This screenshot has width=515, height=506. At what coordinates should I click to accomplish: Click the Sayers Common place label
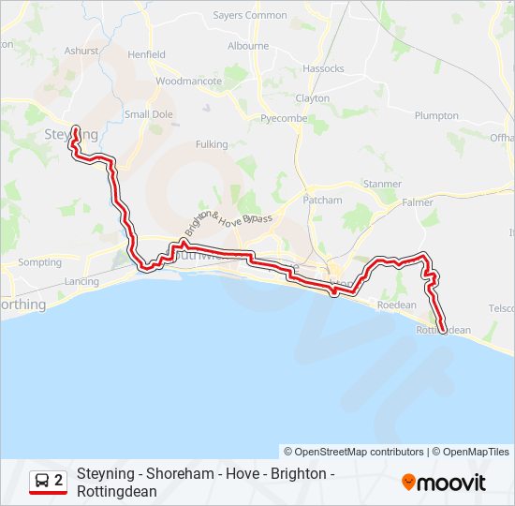pyautogui.click(x=250, y=15)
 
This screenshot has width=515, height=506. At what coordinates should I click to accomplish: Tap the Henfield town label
pyautogui.click(x=146, y=55)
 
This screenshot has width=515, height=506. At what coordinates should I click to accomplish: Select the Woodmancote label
pyautogui.click(x=188, y=82)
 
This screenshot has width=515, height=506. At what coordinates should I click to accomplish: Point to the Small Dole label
pyautogui.click(x=149, y=114)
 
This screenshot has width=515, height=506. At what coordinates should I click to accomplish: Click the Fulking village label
pyautogui.click(x=211, y=144)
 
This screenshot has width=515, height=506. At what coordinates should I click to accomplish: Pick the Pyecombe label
pyautogui.click(x=283, y=119)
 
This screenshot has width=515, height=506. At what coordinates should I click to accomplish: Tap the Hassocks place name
pyautogui.click(x=323, y=69)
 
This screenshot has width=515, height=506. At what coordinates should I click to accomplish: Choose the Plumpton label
pyautogui.click(x=435, y=116)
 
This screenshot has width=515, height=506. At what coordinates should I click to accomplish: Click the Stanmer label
pyautogui.click(x=381, y=185)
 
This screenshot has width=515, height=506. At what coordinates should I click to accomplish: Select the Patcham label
pyautogui.click(x=322, y=201)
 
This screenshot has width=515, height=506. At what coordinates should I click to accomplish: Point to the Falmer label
pyautogui.click(x=417, y=202)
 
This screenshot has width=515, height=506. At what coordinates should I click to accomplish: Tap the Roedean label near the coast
pyautogui.click(x=395, y=305)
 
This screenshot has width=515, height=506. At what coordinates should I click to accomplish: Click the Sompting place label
pyautogui.click(x=39, y=263)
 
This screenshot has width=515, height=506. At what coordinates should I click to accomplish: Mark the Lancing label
pyautogui.click(x=81, y=282)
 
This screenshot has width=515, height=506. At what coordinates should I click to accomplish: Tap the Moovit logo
pyautogui.click(x=444, y=483)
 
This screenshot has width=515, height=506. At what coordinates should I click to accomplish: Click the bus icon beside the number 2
pyautogui.click(x=43, y=482)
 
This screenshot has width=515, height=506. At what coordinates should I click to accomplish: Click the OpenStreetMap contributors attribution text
pyautogui.click(x=354, y=452)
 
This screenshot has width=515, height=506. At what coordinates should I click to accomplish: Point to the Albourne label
pyautogui.click(x=248, y=46)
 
